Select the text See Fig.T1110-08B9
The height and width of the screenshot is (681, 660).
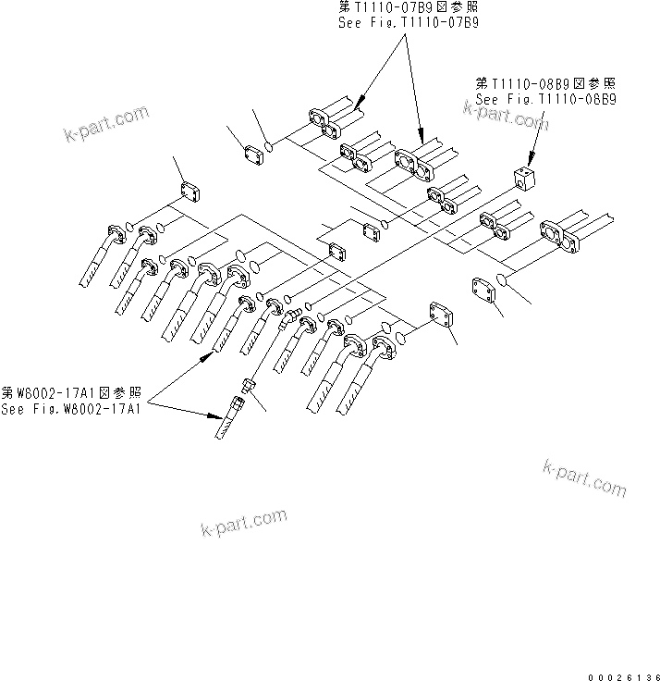coord(545,97)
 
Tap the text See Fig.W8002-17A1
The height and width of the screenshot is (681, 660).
coord(70,409)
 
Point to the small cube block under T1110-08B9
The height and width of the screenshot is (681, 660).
coord(525,177)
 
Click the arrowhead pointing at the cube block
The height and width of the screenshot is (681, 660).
coord(533,159)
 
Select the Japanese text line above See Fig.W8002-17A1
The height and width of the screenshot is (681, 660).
coord(70,393)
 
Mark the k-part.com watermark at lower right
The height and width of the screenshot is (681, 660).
coord(584,477)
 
